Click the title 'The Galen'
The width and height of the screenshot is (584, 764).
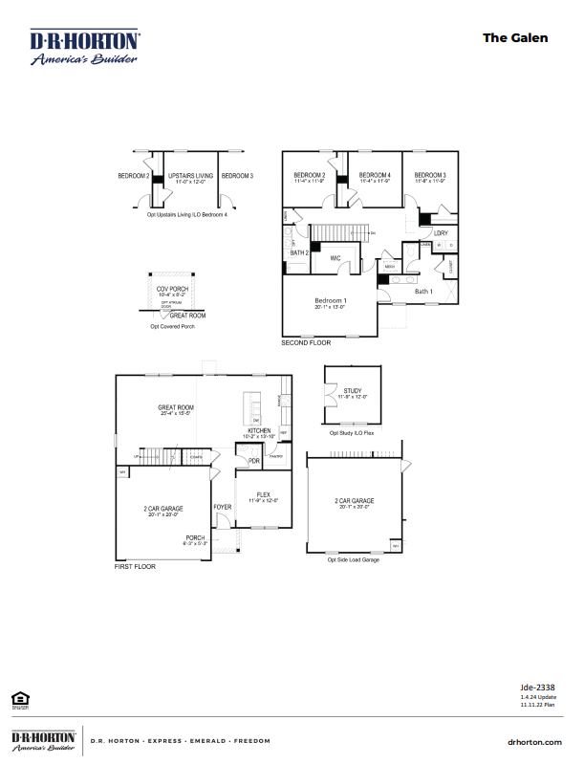515,37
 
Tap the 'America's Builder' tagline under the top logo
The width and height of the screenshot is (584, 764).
84,59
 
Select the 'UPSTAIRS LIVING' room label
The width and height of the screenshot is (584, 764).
190,176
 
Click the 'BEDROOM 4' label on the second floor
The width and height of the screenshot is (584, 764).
375,175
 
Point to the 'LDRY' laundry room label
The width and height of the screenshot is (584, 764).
441,233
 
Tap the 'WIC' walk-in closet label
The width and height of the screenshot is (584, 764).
335,258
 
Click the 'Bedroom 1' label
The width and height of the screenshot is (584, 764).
331,300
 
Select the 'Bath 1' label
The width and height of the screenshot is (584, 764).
424,291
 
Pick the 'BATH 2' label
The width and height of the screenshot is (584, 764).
299,252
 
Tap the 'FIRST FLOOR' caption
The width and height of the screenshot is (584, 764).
135,567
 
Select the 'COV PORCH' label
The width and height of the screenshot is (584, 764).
172,288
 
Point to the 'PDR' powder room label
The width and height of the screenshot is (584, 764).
254,461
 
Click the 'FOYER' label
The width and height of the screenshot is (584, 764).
222,507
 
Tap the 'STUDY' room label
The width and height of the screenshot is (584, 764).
354,390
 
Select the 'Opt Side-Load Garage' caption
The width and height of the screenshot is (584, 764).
355,559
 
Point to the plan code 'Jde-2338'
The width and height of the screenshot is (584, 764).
537,687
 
